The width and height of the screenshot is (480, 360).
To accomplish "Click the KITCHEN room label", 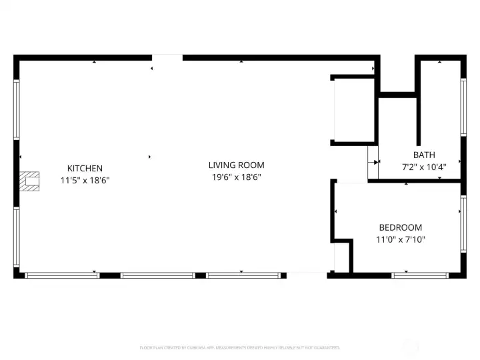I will pos(85,169).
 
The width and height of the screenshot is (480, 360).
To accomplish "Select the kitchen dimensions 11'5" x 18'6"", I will pos(85,180).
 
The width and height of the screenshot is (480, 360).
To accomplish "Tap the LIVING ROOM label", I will pos(236,165).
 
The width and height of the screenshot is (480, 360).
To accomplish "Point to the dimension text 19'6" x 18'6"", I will pos(236,177).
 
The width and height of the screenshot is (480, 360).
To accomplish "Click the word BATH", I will pos(424,155).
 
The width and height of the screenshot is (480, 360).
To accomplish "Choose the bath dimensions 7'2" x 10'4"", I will pos(424,167).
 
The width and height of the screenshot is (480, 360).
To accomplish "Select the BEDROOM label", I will pos(400,227).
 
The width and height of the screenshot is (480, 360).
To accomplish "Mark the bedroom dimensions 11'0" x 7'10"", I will pos(400,239).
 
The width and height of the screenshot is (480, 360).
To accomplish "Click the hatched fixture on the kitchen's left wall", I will pos(29,181).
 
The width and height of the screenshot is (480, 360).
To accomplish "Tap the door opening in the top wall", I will pos(167,58).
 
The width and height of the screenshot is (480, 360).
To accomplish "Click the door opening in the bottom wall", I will pos(307,275).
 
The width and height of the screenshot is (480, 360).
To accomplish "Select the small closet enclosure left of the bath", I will pos(353,110).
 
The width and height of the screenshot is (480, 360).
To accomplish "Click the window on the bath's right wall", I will pos(463,108).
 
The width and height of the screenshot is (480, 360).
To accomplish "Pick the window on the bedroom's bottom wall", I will pos(420,275).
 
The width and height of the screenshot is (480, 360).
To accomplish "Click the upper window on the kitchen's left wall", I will pos(17,110).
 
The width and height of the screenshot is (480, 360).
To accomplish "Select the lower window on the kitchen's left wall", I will pos(17,237).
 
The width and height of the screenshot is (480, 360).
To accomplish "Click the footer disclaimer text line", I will pos(240,347).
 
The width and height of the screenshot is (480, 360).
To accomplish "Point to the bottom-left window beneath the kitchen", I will pos(61,275).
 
